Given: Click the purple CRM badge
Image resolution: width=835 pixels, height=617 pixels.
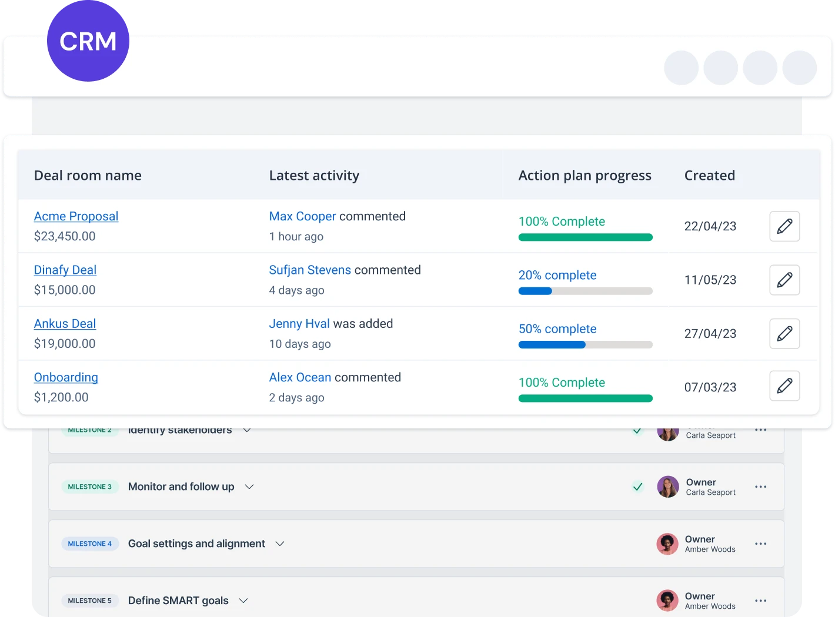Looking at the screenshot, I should click(88, 41).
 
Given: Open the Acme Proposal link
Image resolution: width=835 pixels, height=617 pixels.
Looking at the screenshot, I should click(76, 216).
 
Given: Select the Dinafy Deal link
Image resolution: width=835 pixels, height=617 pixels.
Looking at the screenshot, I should click(65, 270).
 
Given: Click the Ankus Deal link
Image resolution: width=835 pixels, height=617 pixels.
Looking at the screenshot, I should click(65, 324).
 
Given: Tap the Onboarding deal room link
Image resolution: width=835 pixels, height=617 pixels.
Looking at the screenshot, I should click(66, 377).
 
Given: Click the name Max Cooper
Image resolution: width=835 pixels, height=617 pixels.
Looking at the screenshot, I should click(302, 216).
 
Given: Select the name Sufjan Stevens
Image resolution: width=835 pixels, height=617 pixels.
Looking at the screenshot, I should click(310, 270).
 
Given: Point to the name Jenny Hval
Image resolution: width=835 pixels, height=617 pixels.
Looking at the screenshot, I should click(299, 324).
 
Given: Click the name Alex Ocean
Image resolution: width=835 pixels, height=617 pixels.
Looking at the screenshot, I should click(300, 377).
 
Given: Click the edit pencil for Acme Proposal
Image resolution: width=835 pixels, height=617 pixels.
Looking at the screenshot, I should click(784, 226).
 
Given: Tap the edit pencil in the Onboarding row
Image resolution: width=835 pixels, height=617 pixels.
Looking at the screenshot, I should click(784, 386).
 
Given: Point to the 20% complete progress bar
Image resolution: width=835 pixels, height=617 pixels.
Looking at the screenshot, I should click(585, 291).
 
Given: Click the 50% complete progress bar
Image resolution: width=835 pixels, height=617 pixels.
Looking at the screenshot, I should click(585, 345).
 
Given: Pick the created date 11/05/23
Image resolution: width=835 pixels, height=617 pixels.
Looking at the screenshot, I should click(710, 280).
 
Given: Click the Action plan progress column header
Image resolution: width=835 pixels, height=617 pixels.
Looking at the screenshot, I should click(584, 176).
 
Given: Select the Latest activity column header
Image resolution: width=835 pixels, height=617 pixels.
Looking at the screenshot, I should click(314, 176).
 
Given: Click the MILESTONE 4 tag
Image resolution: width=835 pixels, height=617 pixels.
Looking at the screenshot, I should click(90, 544).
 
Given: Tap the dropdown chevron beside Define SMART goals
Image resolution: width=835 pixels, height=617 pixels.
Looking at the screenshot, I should click(243, 601).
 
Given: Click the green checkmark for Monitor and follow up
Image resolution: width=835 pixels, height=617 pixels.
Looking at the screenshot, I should click(637, 487).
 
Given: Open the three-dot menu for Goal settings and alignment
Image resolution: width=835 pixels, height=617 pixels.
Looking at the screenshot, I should click(760, 544).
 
